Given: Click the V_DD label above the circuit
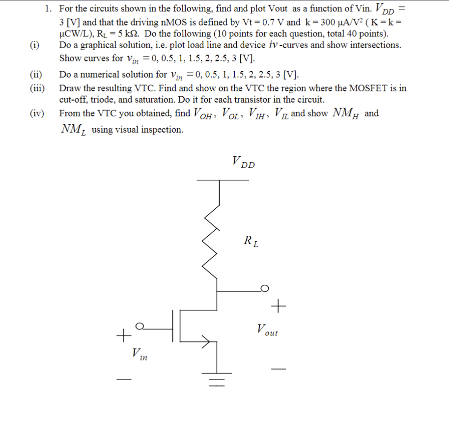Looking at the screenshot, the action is [x=243, y=162].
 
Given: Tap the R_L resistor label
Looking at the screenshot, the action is [x=251, y=241].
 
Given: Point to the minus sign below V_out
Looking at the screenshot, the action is [x=278, y=369].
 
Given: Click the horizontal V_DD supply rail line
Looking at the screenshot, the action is [x=223, y=180].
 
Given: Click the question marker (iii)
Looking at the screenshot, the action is [x=36, y=88].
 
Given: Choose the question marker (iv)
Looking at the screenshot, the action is [x=36, y=113].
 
